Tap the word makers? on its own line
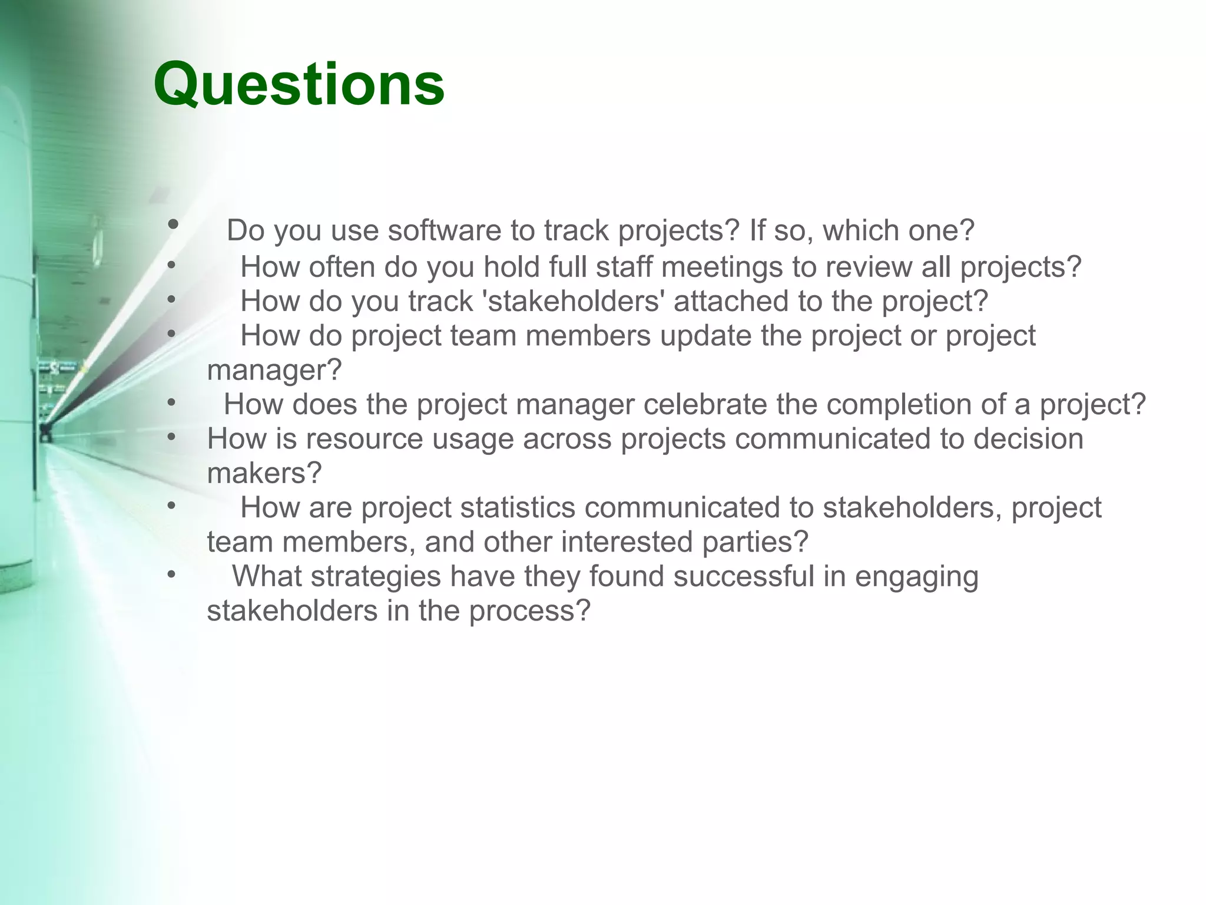(264, 473)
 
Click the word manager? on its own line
(274, 370)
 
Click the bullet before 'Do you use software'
(173, 224)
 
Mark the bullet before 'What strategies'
(171, 574)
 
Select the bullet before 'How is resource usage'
(171, 437)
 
